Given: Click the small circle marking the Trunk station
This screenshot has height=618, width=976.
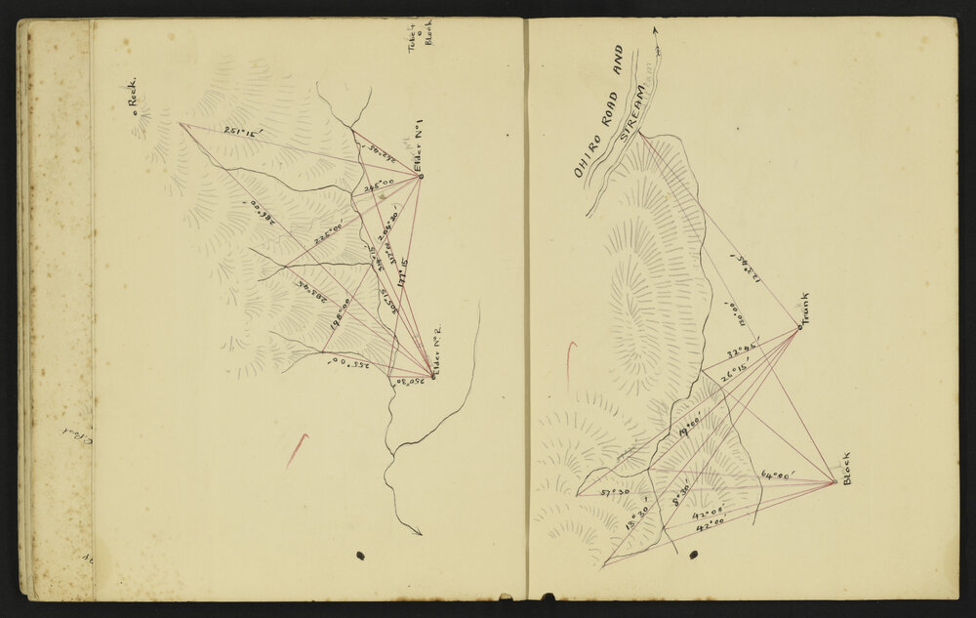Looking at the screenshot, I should click(x=798, y=327).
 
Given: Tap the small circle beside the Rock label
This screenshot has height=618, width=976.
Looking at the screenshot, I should click(x=136, y=115).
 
